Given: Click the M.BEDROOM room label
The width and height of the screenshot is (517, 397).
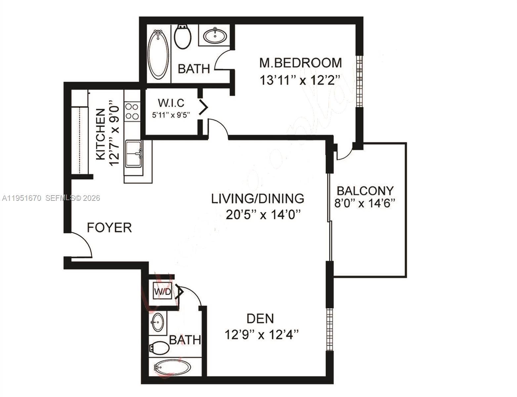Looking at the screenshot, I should tap(300, 63).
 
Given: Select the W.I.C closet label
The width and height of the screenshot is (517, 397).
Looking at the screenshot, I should tap(171, 103).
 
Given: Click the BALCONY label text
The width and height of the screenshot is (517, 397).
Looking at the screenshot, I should tap(365, 191).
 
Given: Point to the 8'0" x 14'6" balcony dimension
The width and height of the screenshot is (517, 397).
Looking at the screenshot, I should tap(365, 203).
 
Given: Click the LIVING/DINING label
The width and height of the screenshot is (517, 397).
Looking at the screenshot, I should tap(258, 198).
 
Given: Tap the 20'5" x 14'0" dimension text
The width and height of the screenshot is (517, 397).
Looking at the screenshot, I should tap(263, 215).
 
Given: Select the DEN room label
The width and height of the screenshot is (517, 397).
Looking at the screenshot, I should tap(260, 319).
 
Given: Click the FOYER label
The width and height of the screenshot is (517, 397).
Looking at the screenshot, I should tap(109, 228).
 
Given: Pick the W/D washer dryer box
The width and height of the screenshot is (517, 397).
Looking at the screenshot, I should tap(162, 292).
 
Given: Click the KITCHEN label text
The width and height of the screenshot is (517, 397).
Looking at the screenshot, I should tap(101, 134).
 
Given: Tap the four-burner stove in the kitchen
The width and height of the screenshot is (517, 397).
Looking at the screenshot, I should tap(132, 111).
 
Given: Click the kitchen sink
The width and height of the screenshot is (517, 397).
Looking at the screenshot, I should tap(134, 154).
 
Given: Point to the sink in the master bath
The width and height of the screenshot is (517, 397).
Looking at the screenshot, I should tap(215, 35).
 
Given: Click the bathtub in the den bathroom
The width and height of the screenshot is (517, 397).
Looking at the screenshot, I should tap(172, 367).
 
